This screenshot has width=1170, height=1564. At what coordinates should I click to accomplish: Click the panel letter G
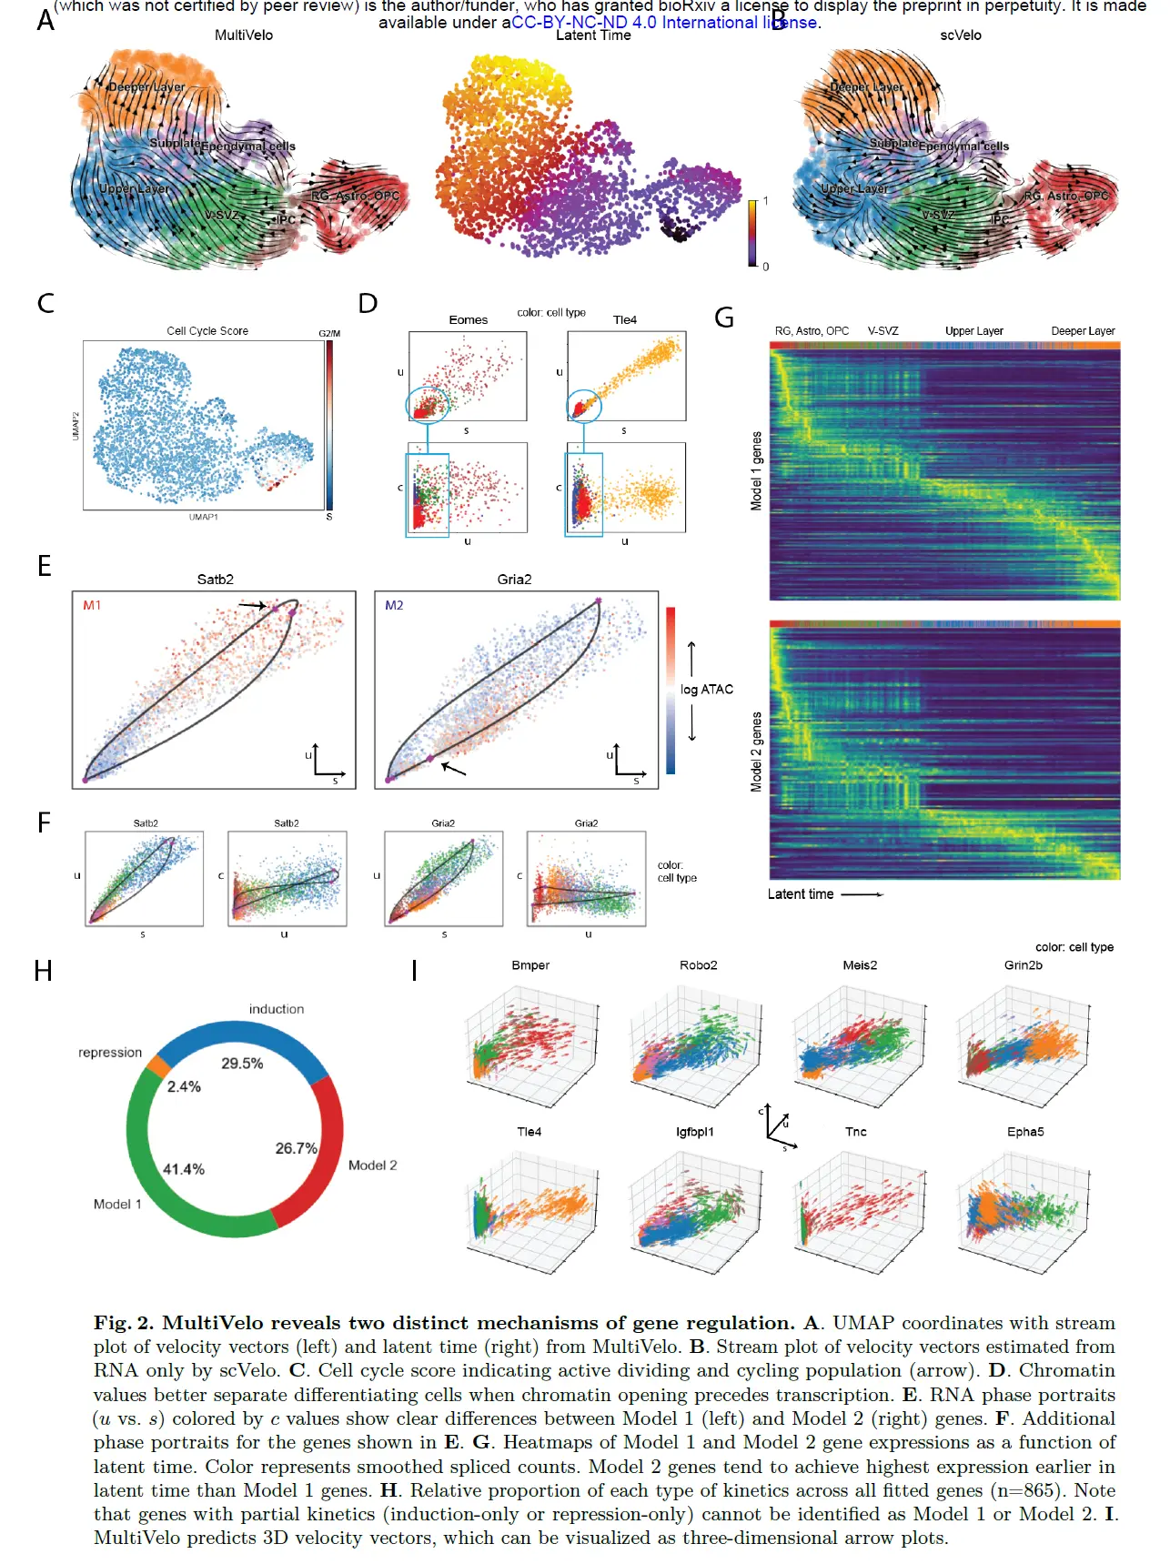pos(724,318)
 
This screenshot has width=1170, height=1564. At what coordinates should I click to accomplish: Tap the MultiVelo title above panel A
pos(244,35)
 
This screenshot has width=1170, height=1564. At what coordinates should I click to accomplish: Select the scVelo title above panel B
pos(961,35)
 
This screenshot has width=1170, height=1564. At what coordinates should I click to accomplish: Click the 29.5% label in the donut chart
pos(242,1064)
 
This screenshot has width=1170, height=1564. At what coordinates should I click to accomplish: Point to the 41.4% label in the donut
pos(184,1169)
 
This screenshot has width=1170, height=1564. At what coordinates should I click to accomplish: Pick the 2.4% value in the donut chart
pos(184,1086)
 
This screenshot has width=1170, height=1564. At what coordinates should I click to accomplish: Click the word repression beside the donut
pos(110,1053)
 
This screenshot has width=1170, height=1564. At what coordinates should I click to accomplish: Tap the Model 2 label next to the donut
pos(373,1165)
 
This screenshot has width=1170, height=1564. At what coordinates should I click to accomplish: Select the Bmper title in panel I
pos(530,965)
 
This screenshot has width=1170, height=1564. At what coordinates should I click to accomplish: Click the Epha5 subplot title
pos(1025,1132)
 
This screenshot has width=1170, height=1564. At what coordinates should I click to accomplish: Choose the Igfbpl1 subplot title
pos(695,1132)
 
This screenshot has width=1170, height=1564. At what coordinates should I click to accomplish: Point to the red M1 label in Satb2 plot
pos(92,605)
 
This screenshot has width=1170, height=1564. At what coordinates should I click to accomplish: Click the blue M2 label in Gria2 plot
pos(394,605)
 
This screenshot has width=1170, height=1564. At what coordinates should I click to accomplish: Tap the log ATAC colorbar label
pos(707,690)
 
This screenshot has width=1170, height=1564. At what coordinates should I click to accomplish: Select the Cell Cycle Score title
pos(207,331)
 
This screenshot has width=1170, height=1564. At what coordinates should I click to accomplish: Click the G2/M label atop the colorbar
pos(329,334)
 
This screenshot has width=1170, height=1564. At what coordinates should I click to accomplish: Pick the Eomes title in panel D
pos(469,320)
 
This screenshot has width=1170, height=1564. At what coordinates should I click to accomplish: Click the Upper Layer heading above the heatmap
pos(973,331)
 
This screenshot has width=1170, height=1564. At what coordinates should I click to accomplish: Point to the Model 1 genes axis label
pos(756,471)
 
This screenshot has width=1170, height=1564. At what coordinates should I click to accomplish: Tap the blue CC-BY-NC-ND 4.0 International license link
pos(664,23)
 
